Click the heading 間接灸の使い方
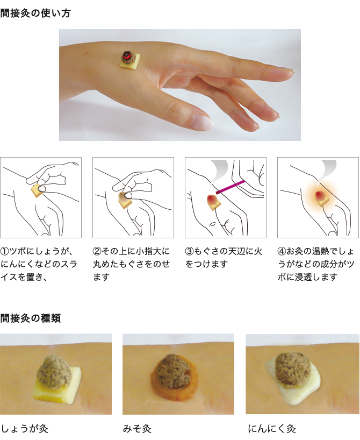coord(35,13)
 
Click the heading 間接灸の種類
coord(31,318)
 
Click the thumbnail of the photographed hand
coord(179,85)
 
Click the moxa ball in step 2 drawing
coord(123,197)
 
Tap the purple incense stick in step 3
coord(231,187)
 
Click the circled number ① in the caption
coord(4,251)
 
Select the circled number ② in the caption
coord(97,251)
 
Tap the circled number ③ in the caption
coord(189,251)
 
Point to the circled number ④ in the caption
coord(282,251)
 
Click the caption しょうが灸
coord(25,429)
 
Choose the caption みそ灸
coord(137,429)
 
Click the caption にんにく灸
coord(272,429)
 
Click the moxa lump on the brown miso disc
coord(173,371)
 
